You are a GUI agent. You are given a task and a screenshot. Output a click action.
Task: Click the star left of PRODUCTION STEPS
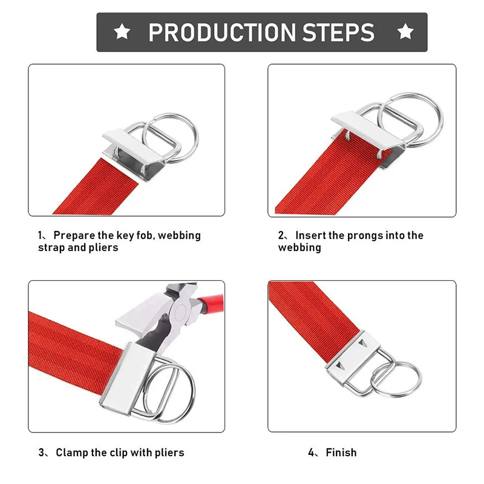tap(122, 31)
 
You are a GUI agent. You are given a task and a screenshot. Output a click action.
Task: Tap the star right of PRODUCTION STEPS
tap(405, 31)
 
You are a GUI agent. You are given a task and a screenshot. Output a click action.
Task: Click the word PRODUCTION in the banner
tap(222, 33)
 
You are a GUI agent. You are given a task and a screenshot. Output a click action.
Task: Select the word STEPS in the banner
tap(338, 33)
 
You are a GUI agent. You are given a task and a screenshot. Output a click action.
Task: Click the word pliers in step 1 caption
tap(103, 248)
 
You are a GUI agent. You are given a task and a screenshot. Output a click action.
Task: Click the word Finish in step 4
tap(341, 453)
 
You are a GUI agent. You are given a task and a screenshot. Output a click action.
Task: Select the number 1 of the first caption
tap(41, 235)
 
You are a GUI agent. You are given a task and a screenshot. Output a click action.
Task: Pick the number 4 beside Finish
tap(311, 453)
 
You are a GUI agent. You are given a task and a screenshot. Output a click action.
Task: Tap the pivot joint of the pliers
tap(180, 312)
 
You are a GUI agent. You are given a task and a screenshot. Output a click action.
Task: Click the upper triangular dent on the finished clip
tap(362, 342)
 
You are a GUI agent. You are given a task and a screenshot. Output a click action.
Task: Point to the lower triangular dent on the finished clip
tap(339, 366)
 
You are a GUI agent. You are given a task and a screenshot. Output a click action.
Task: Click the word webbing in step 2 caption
tap(299, 248)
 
